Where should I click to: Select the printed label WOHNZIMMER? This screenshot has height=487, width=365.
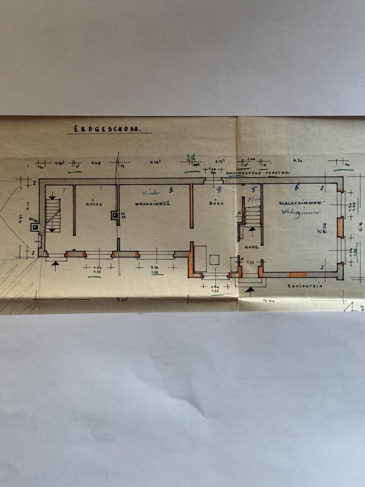click(x=154, y=203)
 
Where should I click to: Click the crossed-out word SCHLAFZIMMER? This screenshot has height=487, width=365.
click(x=300, y=202)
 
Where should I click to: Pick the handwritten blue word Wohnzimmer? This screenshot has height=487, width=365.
click(x=299, y=213)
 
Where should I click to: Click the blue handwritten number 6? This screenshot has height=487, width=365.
click(x=298, y=186)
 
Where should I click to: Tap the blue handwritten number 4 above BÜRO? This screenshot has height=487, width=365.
click(x=219, y=190)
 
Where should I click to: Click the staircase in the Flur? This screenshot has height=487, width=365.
click(x=252, y=215)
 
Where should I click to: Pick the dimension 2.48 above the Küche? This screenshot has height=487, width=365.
click(x=96, y=163)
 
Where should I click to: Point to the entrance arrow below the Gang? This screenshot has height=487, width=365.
click(x=250, y=290)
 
